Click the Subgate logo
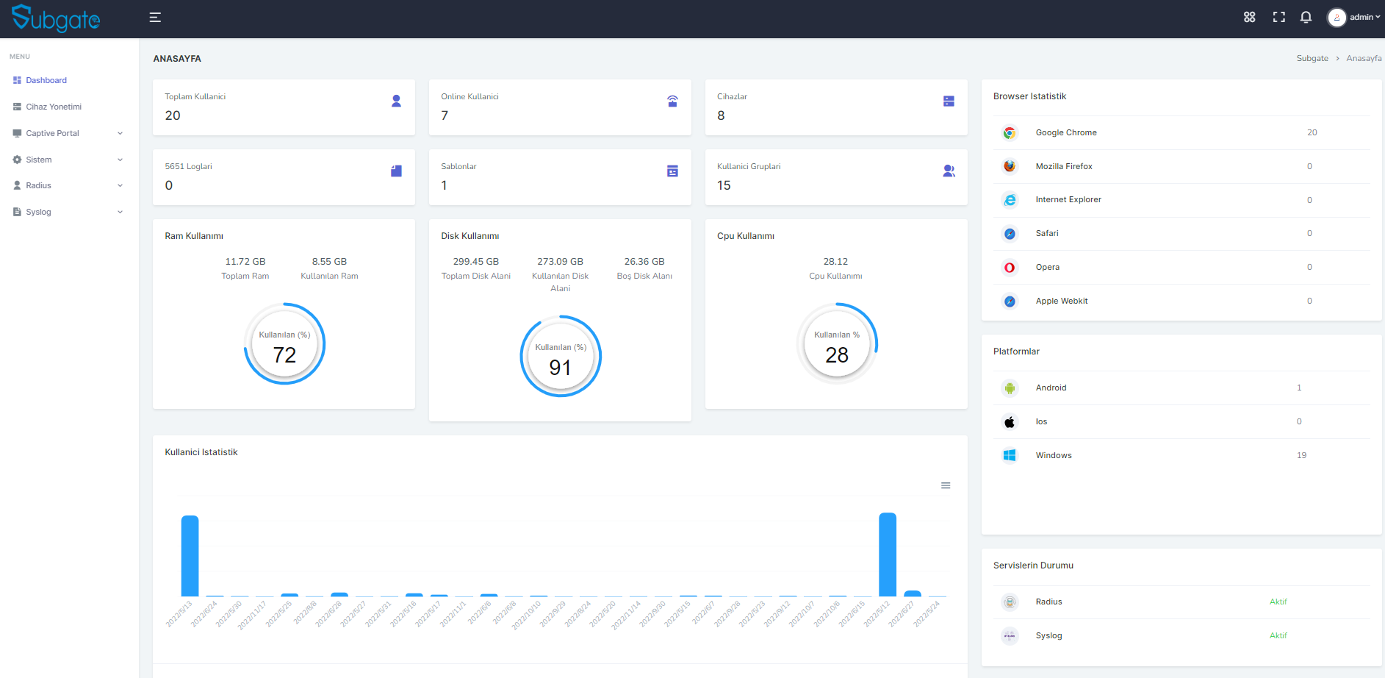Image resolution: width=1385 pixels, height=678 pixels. coord(56,18)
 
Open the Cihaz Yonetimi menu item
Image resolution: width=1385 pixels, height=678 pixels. coord(54,107)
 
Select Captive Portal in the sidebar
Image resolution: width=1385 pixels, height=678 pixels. coord(52,133)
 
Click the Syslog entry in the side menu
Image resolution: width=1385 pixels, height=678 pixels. coord(38,212)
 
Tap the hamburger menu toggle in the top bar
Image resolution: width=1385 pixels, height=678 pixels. coord(155,18)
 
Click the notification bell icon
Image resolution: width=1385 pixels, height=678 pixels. coord(1306,17)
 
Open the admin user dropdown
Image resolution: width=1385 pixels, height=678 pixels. coord(1354,17)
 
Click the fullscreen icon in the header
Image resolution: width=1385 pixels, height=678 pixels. coord(1279,17)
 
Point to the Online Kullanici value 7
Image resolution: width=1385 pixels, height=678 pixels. coord(445,115)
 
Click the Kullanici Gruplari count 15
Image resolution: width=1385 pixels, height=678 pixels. coord(724,185)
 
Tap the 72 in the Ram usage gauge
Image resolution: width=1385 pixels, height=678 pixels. coord(284,355)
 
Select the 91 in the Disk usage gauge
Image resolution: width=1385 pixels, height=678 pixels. coord(560,368)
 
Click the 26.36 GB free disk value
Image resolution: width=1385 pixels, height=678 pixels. coord(644,262)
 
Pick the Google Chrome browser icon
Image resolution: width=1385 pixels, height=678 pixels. coord(1010,133)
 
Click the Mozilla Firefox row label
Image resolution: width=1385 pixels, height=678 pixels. coord(1064,166)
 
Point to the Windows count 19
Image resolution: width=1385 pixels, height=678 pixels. coord(1301,455)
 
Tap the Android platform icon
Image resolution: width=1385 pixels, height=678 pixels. coord(1010,388)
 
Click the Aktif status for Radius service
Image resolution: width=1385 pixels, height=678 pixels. coord(1278,602)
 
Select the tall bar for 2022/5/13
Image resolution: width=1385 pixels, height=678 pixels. coord(190,556)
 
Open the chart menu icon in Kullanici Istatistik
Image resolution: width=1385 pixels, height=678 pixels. coord(946,485)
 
